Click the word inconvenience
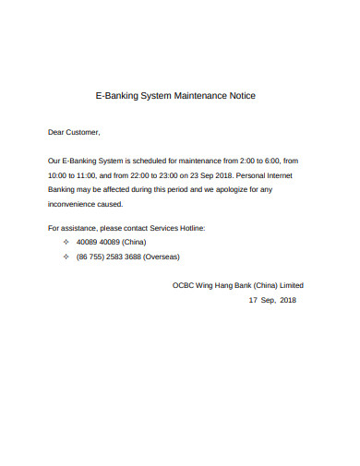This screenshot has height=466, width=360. [x=76, y=202]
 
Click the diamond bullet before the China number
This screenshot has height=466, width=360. [x=66, y=242]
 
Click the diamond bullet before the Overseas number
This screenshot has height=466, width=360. [x=66, y=257]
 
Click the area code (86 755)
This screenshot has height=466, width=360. [x=92, y=257]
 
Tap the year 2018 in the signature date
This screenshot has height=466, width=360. [x=287, y=301]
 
